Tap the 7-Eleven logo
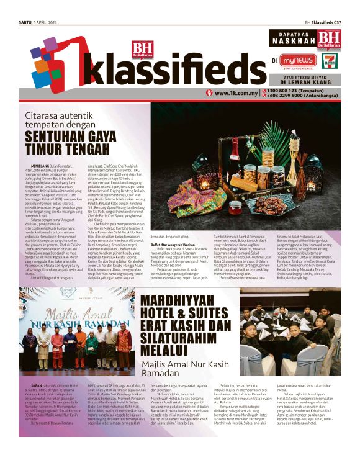pos(331,60)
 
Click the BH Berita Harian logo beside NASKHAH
pos(328,38)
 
